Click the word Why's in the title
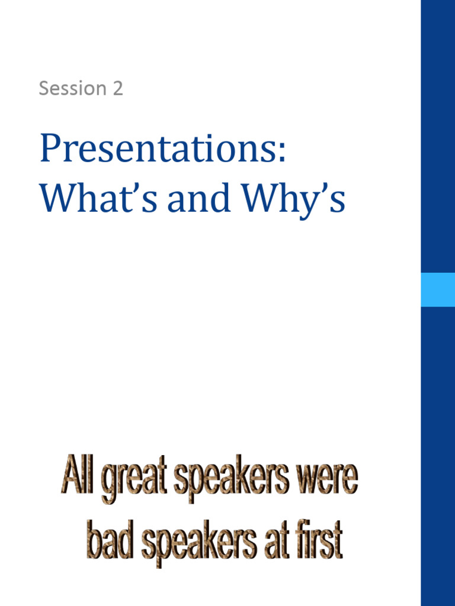click(x=296, y=201)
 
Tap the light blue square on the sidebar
click(x=438, y=289)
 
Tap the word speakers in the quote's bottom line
click(x=199, y=542)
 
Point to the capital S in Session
click(x=44, y=88)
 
